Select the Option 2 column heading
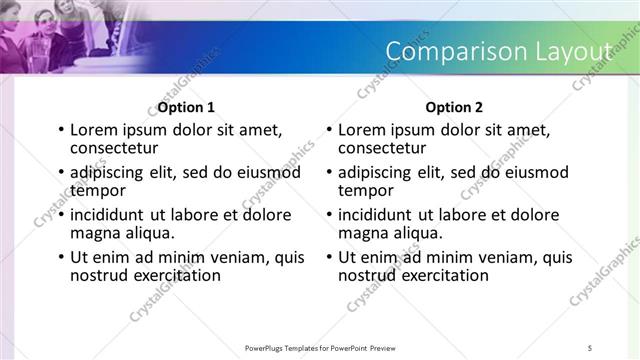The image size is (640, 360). point(454,107)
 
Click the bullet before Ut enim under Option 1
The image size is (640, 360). point(62,258)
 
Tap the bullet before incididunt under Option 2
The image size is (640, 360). point(330,216)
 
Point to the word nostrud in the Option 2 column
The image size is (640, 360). point(368,274)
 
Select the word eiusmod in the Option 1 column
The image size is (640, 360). point(268,173)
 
